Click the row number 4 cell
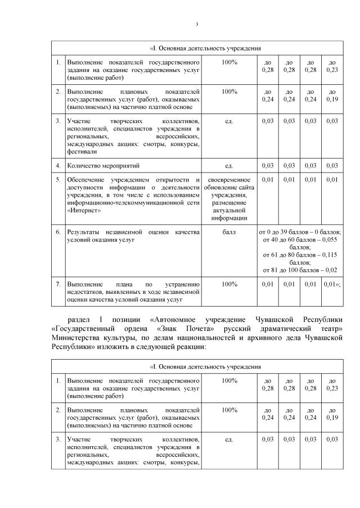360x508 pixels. pyautogui.click(x=58, y=166)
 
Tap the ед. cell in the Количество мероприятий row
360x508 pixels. pyautogui.click(x=229, y=166)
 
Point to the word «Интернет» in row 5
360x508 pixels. pyautogui.click(x=84, y=211)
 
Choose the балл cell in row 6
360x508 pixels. pyautogui.click(x=229, y=232)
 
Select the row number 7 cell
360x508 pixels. pyautogui.click(x=58, y=284)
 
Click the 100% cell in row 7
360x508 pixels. pyautogui.click(x=229, y=284)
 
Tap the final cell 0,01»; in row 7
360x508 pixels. pyautogui.click(x=332, y=284)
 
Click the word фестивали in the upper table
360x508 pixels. pyautogui.click(x=82, y=152)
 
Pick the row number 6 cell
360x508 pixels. pyautogui.click(x=58, y=232)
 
